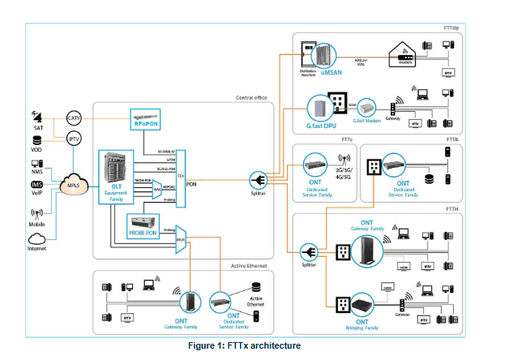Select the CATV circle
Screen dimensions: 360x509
click(x=74, y=120)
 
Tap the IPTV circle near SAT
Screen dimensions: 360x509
click(x=74, y=140)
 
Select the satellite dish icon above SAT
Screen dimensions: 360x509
click(x=36, y=114)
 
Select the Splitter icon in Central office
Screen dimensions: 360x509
click(x=259, y=179)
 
